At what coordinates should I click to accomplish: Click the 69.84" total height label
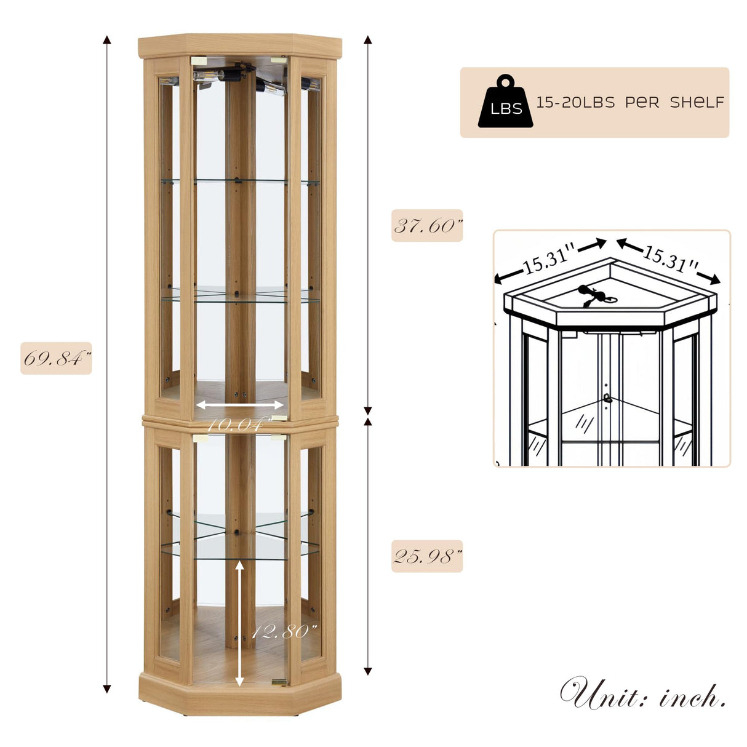(x=56, y=358)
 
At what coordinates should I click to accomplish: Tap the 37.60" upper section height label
(x=427, y=226)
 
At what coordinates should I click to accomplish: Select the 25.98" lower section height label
(x=427, y=557)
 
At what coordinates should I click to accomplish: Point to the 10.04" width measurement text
(x=239, y=425)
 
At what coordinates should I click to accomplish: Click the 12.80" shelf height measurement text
(x=284, y=631)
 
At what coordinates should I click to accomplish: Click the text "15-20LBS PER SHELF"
(x=630, y=102)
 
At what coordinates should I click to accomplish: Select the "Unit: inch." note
(x=643, y=695)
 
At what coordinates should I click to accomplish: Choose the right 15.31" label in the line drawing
(x=671, y=258)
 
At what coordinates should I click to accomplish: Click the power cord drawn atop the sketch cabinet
(x=594, y=295)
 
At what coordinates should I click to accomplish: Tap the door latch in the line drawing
(x=607, y=398)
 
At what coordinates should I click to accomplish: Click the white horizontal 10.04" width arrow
(x=240, y=405)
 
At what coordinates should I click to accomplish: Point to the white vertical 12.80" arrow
(x=240, y=621)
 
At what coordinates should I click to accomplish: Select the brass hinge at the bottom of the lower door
(x=279, y=682)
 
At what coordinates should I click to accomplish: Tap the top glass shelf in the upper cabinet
(x=240, y=181)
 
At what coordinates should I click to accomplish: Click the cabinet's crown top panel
(x=240, y=45)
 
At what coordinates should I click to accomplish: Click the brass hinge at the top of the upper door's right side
(x=279, y=60)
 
